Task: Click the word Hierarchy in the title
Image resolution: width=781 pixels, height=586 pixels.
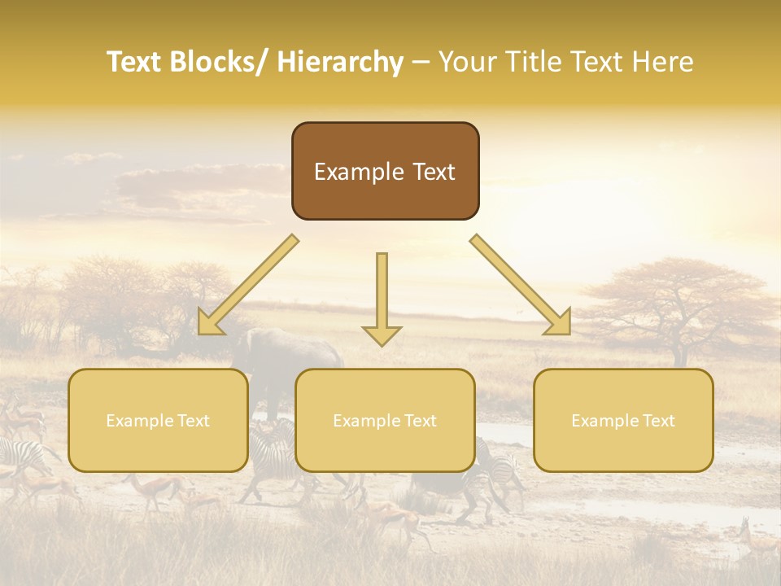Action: click(340, 62)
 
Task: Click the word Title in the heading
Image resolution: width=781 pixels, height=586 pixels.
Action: click(532, 62)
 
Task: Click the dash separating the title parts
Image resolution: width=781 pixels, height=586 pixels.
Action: click(421, 63)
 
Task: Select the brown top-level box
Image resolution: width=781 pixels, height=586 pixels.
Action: click(385, 171)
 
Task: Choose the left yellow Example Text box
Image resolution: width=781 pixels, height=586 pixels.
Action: click(158, 421)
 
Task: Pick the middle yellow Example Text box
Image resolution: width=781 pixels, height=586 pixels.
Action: click(385, 421)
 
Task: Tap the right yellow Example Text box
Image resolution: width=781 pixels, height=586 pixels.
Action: click(623, 421)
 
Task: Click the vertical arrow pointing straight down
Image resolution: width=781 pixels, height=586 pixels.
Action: click(382, 300)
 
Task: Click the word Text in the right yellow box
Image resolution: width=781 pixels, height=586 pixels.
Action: click(657, 421)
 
